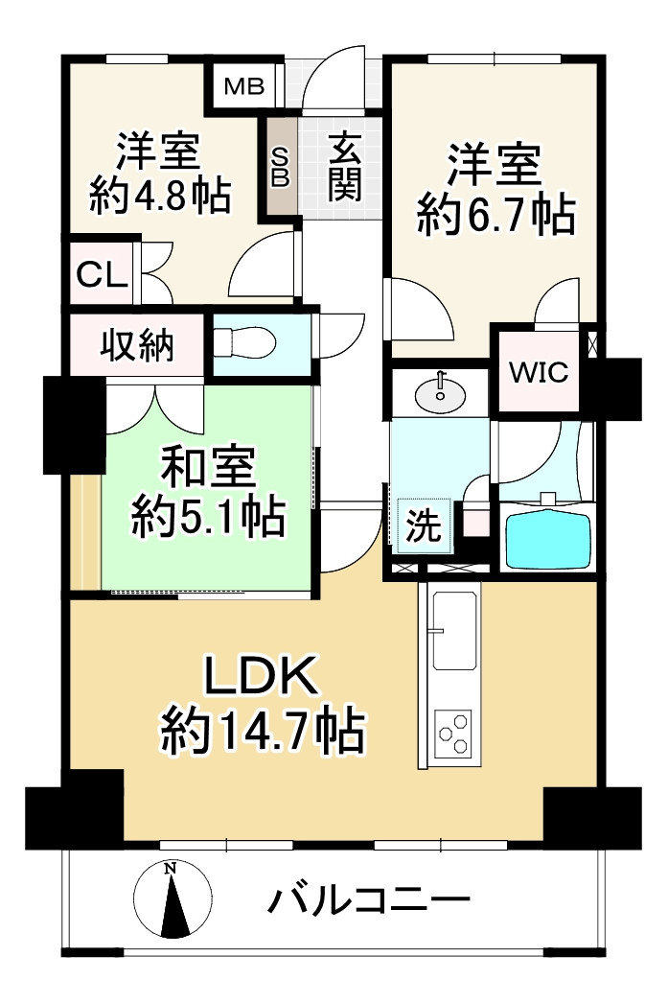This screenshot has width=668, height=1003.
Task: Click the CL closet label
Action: pyautogui.click(x=102, y=274)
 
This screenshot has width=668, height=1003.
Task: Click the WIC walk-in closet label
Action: pyautogui.click(x=538, y=371)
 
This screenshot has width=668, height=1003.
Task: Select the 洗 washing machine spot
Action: pyautogui.click(x=423, y=525)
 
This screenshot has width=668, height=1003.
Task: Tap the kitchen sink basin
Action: pyautogui.click(x=453, y=634)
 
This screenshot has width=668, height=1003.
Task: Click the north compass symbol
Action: pyautogui.click(x=171, y=898)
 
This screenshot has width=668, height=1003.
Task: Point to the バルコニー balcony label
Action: pyautogui.click(x=370, y=900)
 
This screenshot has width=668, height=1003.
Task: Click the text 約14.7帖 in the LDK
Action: pyautogui.click(x=262, y=735)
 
